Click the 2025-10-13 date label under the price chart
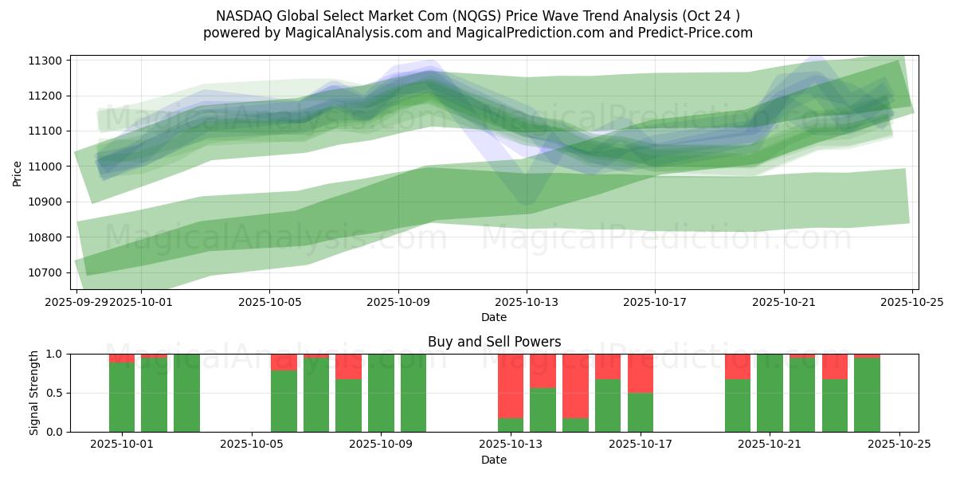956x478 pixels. (x=526, y=303)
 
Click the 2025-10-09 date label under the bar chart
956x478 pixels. (x=381, y=445)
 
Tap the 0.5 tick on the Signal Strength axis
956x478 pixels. (x=56, y=393)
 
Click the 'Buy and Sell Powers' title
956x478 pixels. (x=494, y=342)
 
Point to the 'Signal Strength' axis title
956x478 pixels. (x=34, y=393)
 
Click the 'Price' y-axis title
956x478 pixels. (x=18, y=172)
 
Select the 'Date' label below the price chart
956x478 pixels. (x=494, y=317)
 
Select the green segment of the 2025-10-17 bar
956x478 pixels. (x=641, y=412)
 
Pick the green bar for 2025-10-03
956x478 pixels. (x=186, y=393)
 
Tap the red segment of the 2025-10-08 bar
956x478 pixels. (x=348, y=366)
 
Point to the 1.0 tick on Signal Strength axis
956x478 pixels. (x=56, y=354)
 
